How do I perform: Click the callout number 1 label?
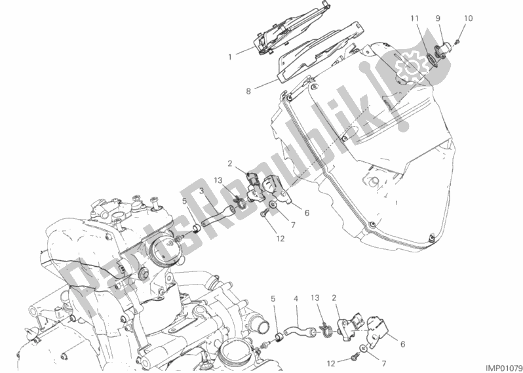coord(230,57)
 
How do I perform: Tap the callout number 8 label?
coord(248,90)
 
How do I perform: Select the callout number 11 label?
coord(414,19)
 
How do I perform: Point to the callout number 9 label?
coord(438,19)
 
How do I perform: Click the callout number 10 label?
coord(469,18)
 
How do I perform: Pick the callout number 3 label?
coord(202,191)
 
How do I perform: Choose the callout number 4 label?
coord(296,298)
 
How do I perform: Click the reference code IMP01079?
coord(503,368)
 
